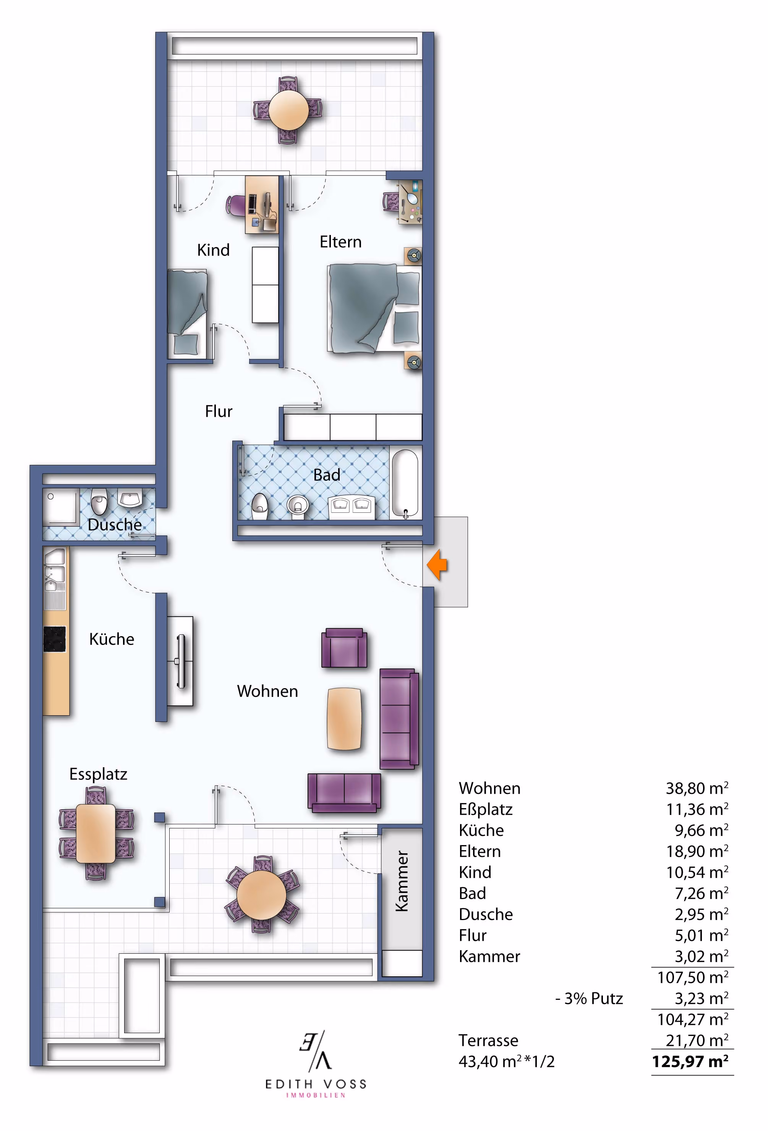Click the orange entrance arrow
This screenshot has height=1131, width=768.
437,565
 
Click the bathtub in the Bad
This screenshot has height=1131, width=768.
405,484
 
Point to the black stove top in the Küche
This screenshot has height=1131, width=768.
55,639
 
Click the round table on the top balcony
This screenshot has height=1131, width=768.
288,110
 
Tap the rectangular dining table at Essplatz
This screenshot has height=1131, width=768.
96,834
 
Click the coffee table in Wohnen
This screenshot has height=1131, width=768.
345,718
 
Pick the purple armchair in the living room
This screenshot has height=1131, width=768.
344,648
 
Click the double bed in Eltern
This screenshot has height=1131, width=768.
374,308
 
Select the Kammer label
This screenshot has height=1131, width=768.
402,881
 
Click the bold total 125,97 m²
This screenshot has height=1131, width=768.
690,1061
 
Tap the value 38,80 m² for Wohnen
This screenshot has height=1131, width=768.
697,788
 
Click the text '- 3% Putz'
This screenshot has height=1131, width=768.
589,999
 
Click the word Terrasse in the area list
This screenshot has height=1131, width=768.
488,1040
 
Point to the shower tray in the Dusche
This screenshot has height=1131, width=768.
61,507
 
